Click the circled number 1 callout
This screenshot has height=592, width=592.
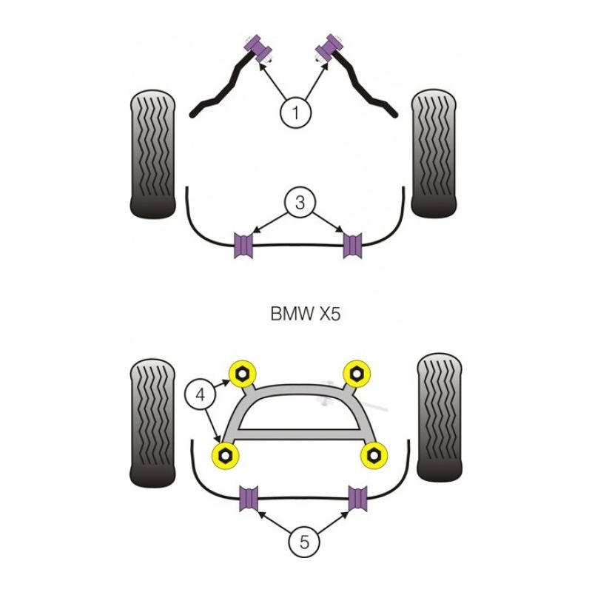pyautogui.click(x=295, y=113)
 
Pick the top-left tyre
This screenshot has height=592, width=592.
pyautogui.click(x=152, y=154)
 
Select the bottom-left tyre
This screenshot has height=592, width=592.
pyautogui.click(x=152, y=423)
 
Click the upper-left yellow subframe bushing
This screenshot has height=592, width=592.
pyautogui.click(x=242, y=373)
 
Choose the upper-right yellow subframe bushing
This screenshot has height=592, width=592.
pyautogui.click(x=357, y=373)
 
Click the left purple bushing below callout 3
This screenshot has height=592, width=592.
pyautogui.click(x=243, y=245)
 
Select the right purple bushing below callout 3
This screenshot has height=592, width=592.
pyautogui.click(x=353, y=244)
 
